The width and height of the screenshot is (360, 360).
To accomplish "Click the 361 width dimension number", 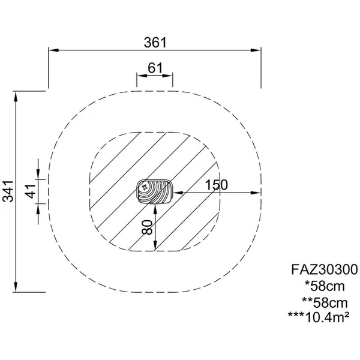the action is (x=155, y=43).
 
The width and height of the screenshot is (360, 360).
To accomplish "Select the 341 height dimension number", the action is (x=8, y=191).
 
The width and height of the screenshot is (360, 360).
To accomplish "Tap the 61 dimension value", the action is (x=155, y=68).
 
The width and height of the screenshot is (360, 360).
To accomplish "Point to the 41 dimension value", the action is (x=31, y=191).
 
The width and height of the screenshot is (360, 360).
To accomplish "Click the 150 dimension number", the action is (x=216, y=185).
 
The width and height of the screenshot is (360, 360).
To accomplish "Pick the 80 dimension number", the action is (x=147, y=227).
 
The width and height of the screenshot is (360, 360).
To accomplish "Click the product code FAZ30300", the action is (x=325, y=269).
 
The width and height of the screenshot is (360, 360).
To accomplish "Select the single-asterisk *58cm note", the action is (x=325, y=286).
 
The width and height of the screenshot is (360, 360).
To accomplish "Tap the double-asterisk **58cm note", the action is (x=325, y=303).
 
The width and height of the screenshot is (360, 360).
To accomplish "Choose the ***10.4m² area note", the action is (x=319, y=317).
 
